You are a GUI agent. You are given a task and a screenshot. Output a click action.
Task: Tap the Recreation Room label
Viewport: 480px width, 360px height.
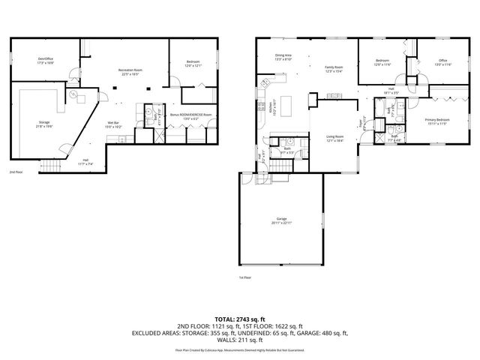pyautogui.click(x=130, y=70)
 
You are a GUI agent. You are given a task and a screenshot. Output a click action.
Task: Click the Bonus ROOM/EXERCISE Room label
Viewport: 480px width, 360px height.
pyautogui.click(x=190, y=115)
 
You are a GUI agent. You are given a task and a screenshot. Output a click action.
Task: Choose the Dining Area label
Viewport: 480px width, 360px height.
pyautogui.click(x=283, y=55)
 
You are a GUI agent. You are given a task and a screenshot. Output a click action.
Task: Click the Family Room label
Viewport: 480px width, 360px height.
pyautogui.click(x=333, y=67)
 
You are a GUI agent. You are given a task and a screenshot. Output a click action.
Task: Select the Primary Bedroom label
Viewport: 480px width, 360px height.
pyautogui.click(x=437, y=119)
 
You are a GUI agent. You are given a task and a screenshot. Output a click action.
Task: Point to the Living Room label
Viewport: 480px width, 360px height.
pyautogui.click(x=334, y=136)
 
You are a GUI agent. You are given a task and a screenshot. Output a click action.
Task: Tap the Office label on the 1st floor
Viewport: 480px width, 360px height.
pyautogui.click(x=443, y=61)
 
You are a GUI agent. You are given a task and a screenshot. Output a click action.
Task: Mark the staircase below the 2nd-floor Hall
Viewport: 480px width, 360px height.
pyautogui.click(x=50, y=166)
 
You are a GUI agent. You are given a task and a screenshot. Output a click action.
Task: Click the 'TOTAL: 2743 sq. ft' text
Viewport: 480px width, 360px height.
pyautogui.click(x=239, y=319)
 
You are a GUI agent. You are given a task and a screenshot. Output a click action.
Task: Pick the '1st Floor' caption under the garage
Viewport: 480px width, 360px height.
pyautogui.click(x=244, y=277)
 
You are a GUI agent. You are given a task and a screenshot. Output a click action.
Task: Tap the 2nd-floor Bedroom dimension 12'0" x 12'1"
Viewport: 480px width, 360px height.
pyautogui.click(x=193, y=66)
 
